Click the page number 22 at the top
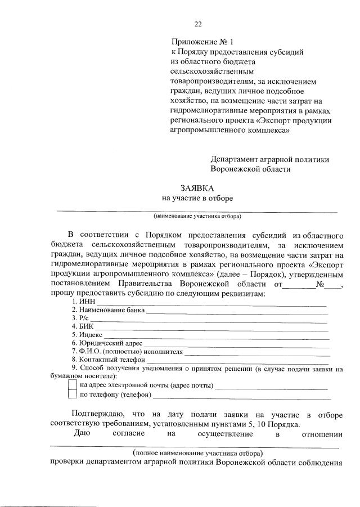pos(197,24)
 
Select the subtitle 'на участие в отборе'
pos(197,198)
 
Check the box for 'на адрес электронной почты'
pos(72,385)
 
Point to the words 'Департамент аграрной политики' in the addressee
pos(269,159)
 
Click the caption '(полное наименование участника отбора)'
pos(197,452)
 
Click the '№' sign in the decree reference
pos(322,285)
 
